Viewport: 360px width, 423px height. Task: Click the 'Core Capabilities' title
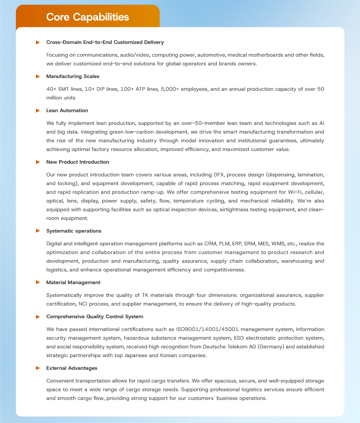click(x=88, y=17)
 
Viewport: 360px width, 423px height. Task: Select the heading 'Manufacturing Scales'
click(x=73, y=76)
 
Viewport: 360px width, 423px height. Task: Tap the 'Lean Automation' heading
click(x=67, y=110)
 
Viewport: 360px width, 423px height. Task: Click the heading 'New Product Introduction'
click(x=78, y=162)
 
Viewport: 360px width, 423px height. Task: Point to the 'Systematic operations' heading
click(x=74, y=231)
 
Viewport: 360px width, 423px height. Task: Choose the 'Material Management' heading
click(x=73, y=282)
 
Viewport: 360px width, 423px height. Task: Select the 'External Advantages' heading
click(x=72, y=368)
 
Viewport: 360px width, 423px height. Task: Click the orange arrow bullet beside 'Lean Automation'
click(x=38, y=110)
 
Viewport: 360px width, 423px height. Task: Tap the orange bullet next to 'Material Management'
click(x=38, y=282)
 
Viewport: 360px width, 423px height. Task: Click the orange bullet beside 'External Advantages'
click(x=38, y=368)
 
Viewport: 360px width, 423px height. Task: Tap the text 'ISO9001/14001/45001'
click(x=207, y=329)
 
